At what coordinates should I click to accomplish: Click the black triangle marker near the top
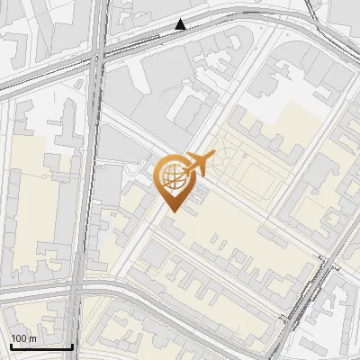[x=181, y=24]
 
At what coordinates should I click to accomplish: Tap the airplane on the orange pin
[x=197, y=163]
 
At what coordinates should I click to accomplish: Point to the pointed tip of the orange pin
[x=172, y=210]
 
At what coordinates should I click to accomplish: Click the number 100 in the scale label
[x=18, y=338]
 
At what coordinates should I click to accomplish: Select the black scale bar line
[x=41, y=346]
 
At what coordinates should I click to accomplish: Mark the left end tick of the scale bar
[x=11, y=345]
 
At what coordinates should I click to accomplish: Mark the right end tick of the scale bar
[x=72, y=345]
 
